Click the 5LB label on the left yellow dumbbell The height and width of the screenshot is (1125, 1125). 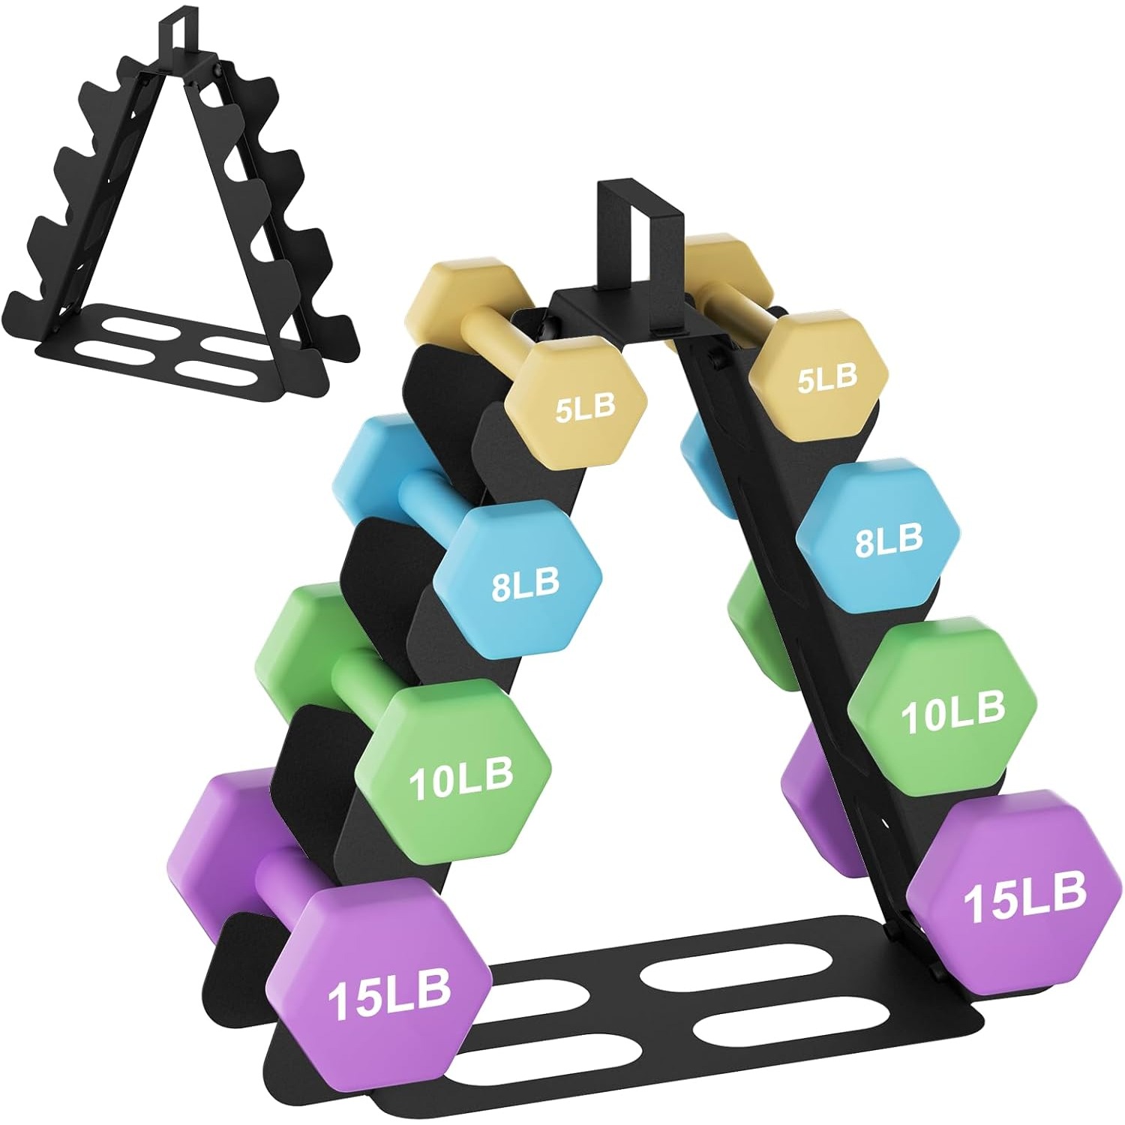click(585, 409)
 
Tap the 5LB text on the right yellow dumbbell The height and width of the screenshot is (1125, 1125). click(826, 378)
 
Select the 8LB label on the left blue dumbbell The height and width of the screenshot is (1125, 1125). click(525, 584)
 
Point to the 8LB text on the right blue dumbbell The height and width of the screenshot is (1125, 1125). click(889, 540)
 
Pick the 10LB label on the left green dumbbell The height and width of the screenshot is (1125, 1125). click(460, 779)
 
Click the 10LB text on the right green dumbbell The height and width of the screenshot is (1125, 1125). click(952, 712)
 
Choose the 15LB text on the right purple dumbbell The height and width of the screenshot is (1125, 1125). click(1024, 897)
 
